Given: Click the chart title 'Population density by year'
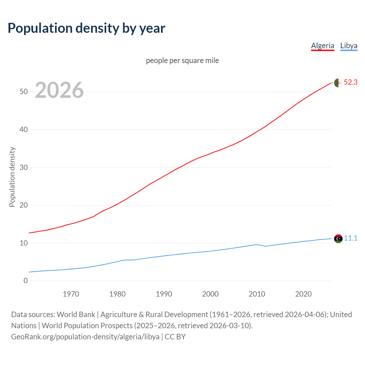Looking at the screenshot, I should [x=86, y=28].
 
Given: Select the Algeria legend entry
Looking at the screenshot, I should [x=323, y=46].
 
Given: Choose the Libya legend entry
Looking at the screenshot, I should [x=349, y=46].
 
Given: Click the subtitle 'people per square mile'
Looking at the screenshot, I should [x=182, y=60].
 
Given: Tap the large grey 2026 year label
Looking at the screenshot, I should [x=59, y=90].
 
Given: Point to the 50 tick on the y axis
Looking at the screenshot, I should [x=24, y=92].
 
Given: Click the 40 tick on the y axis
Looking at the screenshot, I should [x=24, y=129].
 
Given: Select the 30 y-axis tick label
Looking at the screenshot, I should [x=24, y=167].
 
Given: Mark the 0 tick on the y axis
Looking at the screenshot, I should [x=26, y=281].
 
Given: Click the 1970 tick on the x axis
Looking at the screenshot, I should [x=71, y=294].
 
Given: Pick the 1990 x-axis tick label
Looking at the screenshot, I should [x=164, y=294].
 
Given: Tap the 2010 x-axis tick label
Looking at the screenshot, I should [x=257, y=294].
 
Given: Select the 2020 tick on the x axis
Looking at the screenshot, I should [x=303, y=294].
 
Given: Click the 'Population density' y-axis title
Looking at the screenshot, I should [x=12, y=177].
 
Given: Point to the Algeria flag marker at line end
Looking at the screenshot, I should [x=338, y=83].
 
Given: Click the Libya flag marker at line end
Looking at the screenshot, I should [x=338, y=238].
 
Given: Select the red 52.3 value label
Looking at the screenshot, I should [x=350, y=82].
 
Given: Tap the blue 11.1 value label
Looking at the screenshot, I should [x=350, y=238].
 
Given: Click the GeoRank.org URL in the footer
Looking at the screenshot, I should [x=85, y=337].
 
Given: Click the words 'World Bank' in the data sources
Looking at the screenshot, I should [x=76, y=315].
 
